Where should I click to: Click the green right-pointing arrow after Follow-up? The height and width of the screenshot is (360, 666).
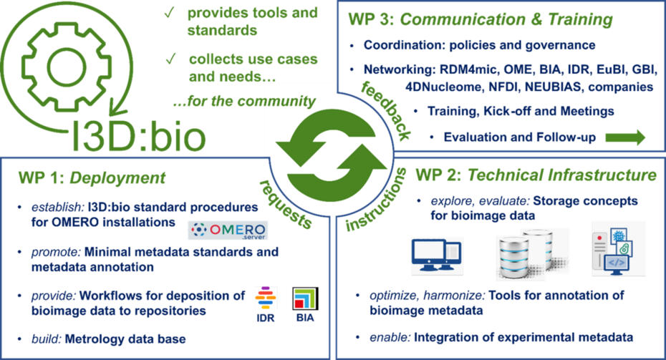pyautogui.click(x=625, y=137)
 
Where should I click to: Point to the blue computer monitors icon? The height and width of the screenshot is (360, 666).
pyautogui.click(x=437, y=255)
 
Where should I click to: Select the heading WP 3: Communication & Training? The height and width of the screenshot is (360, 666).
pyautogui.click(x=480, y=20)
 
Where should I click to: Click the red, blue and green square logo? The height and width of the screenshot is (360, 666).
pyautogui.click(x=304, y=298)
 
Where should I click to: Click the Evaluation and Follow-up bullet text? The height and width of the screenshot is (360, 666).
pyautogui.click(x=520, y=137)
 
